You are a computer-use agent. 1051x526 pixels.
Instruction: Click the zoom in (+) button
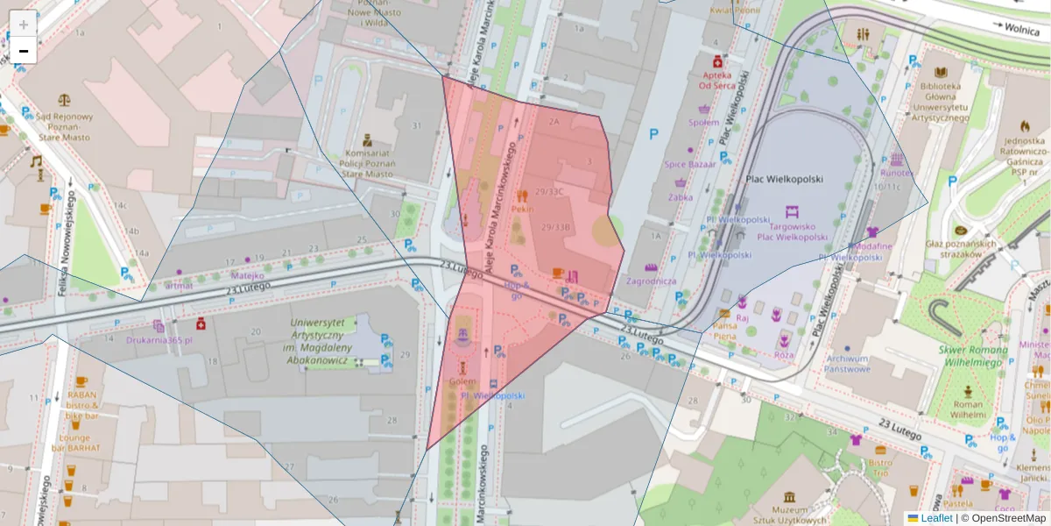coord(24,24)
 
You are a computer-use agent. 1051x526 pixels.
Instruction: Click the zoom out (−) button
coord(24,51)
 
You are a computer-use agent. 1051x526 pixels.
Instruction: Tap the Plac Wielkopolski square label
coord(784,179)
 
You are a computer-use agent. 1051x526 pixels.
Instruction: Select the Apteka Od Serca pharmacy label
coord(716,80)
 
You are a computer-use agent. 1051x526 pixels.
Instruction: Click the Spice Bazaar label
coord(689,164)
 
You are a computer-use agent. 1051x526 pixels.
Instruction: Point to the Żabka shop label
coord(680,197)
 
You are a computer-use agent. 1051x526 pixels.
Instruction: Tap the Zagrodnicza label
coord(651,281)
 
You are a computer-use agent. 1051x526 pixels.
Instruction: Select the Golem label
coord(462,382)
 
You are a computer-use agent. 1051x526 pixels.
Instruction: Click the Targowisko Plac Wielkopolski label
coord(792,231)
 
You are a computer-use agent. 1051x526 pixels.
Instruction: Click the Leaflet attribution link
coord(936,518)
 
